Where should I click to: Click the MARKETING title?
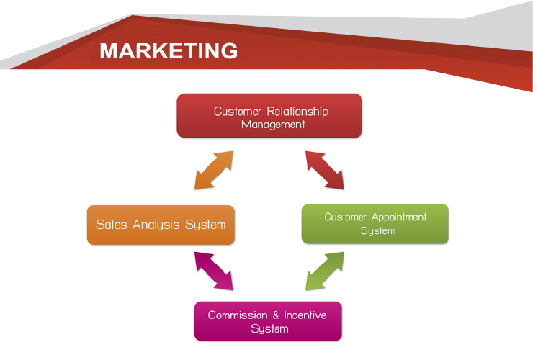(169, 50)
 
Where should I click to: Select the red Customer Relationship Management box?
(269, 115)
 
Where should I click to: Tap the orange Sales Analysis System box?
(161, 225)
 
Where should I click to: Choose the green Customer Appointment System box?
(375, 224)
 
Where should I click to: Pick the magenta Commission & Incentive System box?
(268, 321)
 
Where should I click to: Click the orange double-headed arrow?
(214, 171)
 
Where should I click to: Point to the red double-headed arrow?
(324, 170)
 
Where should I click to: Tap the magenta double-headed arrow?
(214, 272)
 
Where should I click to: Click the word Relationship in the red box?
(297, 112)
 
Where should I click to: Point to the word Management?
(273, 124)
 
